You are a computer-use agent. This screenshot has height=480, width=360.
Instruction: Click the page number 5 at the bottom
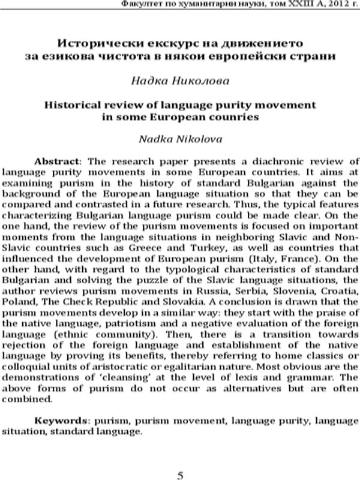(x=180, y=458)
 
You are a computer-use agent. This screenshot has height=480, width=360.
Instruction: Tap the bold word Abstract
(x=57, y=162)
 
